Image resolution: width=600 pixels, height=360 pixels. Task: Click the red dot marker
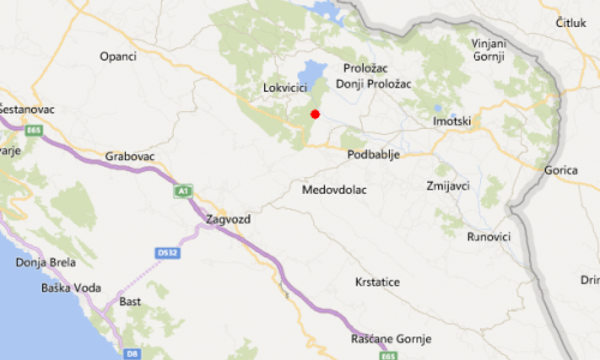coord(315,114)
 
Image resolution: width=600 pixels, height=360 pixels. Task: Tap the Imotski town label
coord(452,121)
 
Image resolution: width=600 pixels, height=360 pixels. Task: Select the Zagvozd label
coord(228,219)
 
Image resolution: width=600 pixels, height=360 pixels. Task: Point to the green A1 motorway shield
coord(182,190)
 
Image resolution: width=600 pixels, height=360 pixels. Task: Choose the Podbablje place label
coord(373,154)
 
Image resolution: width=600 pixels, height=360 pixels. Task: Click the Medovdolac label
coord(334,190)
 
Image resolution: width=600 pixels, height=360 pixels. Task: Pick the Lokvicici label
coord(284,88)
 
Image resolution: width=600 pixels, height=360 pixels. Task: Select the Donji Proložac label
coord(373,84)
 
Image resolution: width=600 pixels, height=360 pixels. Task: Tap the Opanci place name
coord(118,56)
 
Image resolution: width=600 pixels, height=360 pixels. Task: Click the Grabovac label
coord(130,156)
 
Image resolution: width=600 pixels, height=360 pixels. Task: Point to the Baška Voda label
coord(71,288)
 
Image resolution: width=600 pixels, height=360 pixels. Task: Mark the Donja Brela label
coord(46,262)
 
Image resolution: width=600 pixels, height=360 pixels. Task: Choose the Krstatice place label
coord(377,282)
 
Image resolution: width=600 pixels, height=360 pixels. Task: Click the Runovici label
coord(488,236)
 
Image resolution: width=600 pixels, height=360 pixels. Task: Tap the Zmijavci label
coord(448,186)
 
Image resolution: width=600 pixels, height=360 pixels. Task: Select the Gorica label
coord(561,170)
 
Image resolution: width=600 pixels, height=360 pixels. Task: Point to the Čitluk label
coord(570,22)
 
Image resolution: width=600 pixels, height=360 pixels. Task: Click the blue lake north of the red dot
coord(313,73)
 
